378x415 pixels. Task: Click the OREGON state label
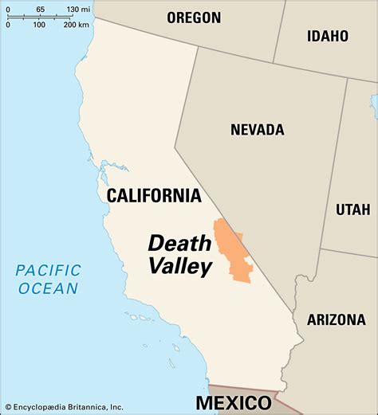pos(194,18)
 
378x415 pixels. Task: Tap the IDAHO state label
pos(327,36)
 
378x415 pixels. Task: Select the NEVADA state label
pos(258,129)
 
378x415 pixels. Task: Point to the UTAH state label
pos(352,209)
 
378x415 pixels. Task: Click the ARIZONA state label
pos(335,319)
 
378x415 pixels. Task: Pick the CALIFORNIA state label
pos(153,195)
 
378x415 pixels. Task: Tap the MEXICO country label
pos(234,401)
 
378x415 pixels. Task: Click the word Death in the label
pos(179,242)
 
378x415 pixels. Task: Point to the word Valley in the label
pos(180,266)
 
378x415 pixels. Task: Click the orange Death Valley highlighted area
pos(233,251)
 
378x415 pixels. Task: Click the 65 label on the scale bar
pos(40,9)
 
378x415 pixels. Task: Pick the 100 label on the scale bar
pos(38,25)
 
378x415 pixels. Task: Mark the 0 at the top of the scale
pos(8,9)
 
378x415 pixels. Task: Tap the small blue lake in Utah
pos(374,104)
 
